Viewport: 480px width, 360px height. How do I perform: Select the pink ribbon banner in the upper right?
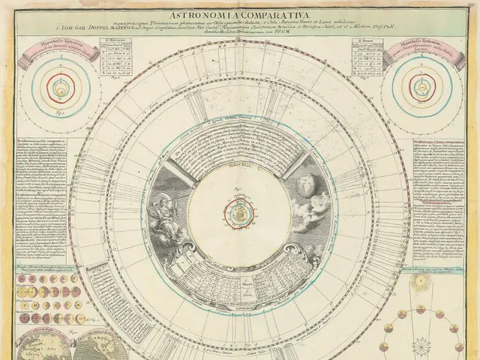click(x=421, y=52)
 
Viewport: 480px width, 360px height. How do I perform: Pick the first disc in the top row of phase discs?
click(x=23, y=280)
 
